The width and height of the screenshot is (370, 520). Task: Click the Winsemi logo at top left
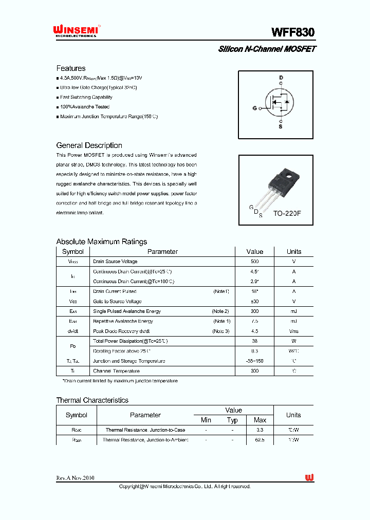click(x=77, y=31)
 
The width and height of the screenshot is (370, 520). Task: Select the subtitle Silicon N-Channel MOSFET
click(x=267, y=49)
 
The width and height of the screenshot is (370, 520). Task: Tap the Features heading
click(x=71, y=68)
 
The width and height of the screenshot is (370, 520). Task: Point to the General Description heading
click(x=89, y=145)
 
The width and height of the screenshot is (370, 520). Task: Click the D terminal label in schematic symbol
click(x=281, y=78)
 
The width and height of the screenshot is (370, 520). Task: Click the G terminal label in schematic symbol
click(x=254, y=108)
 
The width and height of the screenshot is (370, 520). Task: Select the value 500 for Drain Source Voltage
click(x=255, y=262)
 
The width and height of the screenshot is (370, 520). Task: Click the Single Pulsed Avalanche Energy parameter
click(x=127, y=311)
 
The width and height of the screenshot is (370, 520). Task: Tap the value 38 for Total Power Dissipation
click(x=255, y=341)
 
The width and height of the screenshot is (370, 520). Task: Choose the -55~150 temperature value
click(x=255, y=361)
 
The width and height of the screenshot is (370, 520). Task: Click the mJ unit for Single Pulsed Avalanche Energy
click(x=294, y=311)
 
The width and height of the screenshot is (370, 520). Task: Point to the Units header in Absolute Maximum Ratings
click(x=294, y=251)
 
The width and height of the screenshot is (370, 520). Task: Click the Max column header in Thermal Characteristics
click(x=260, y=420)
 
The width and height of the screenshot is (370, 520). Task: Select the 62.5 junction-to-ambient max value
click(x=260, y=440)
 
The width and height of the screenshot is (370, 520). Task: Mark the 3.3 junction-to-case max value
click(x=260, y=430)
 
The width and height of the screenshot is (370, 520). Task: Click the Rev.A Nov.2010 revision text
click(x=75, y=478)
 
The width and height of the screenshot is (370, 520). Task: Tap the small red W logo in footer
click(x=309, y=478)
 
